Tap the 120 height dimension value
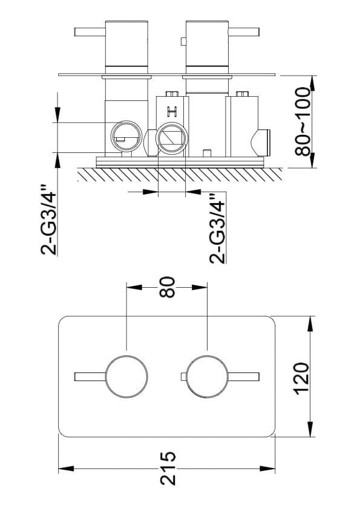(301, 378)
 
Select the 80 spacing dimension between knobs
(167, 287)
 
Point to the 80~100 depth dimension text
(303, 121)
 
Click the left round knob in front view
(126, 377)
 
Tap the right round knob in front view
(208, 377)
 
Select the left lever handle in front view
(90, 377)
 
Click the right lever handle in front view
(244, 377)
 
